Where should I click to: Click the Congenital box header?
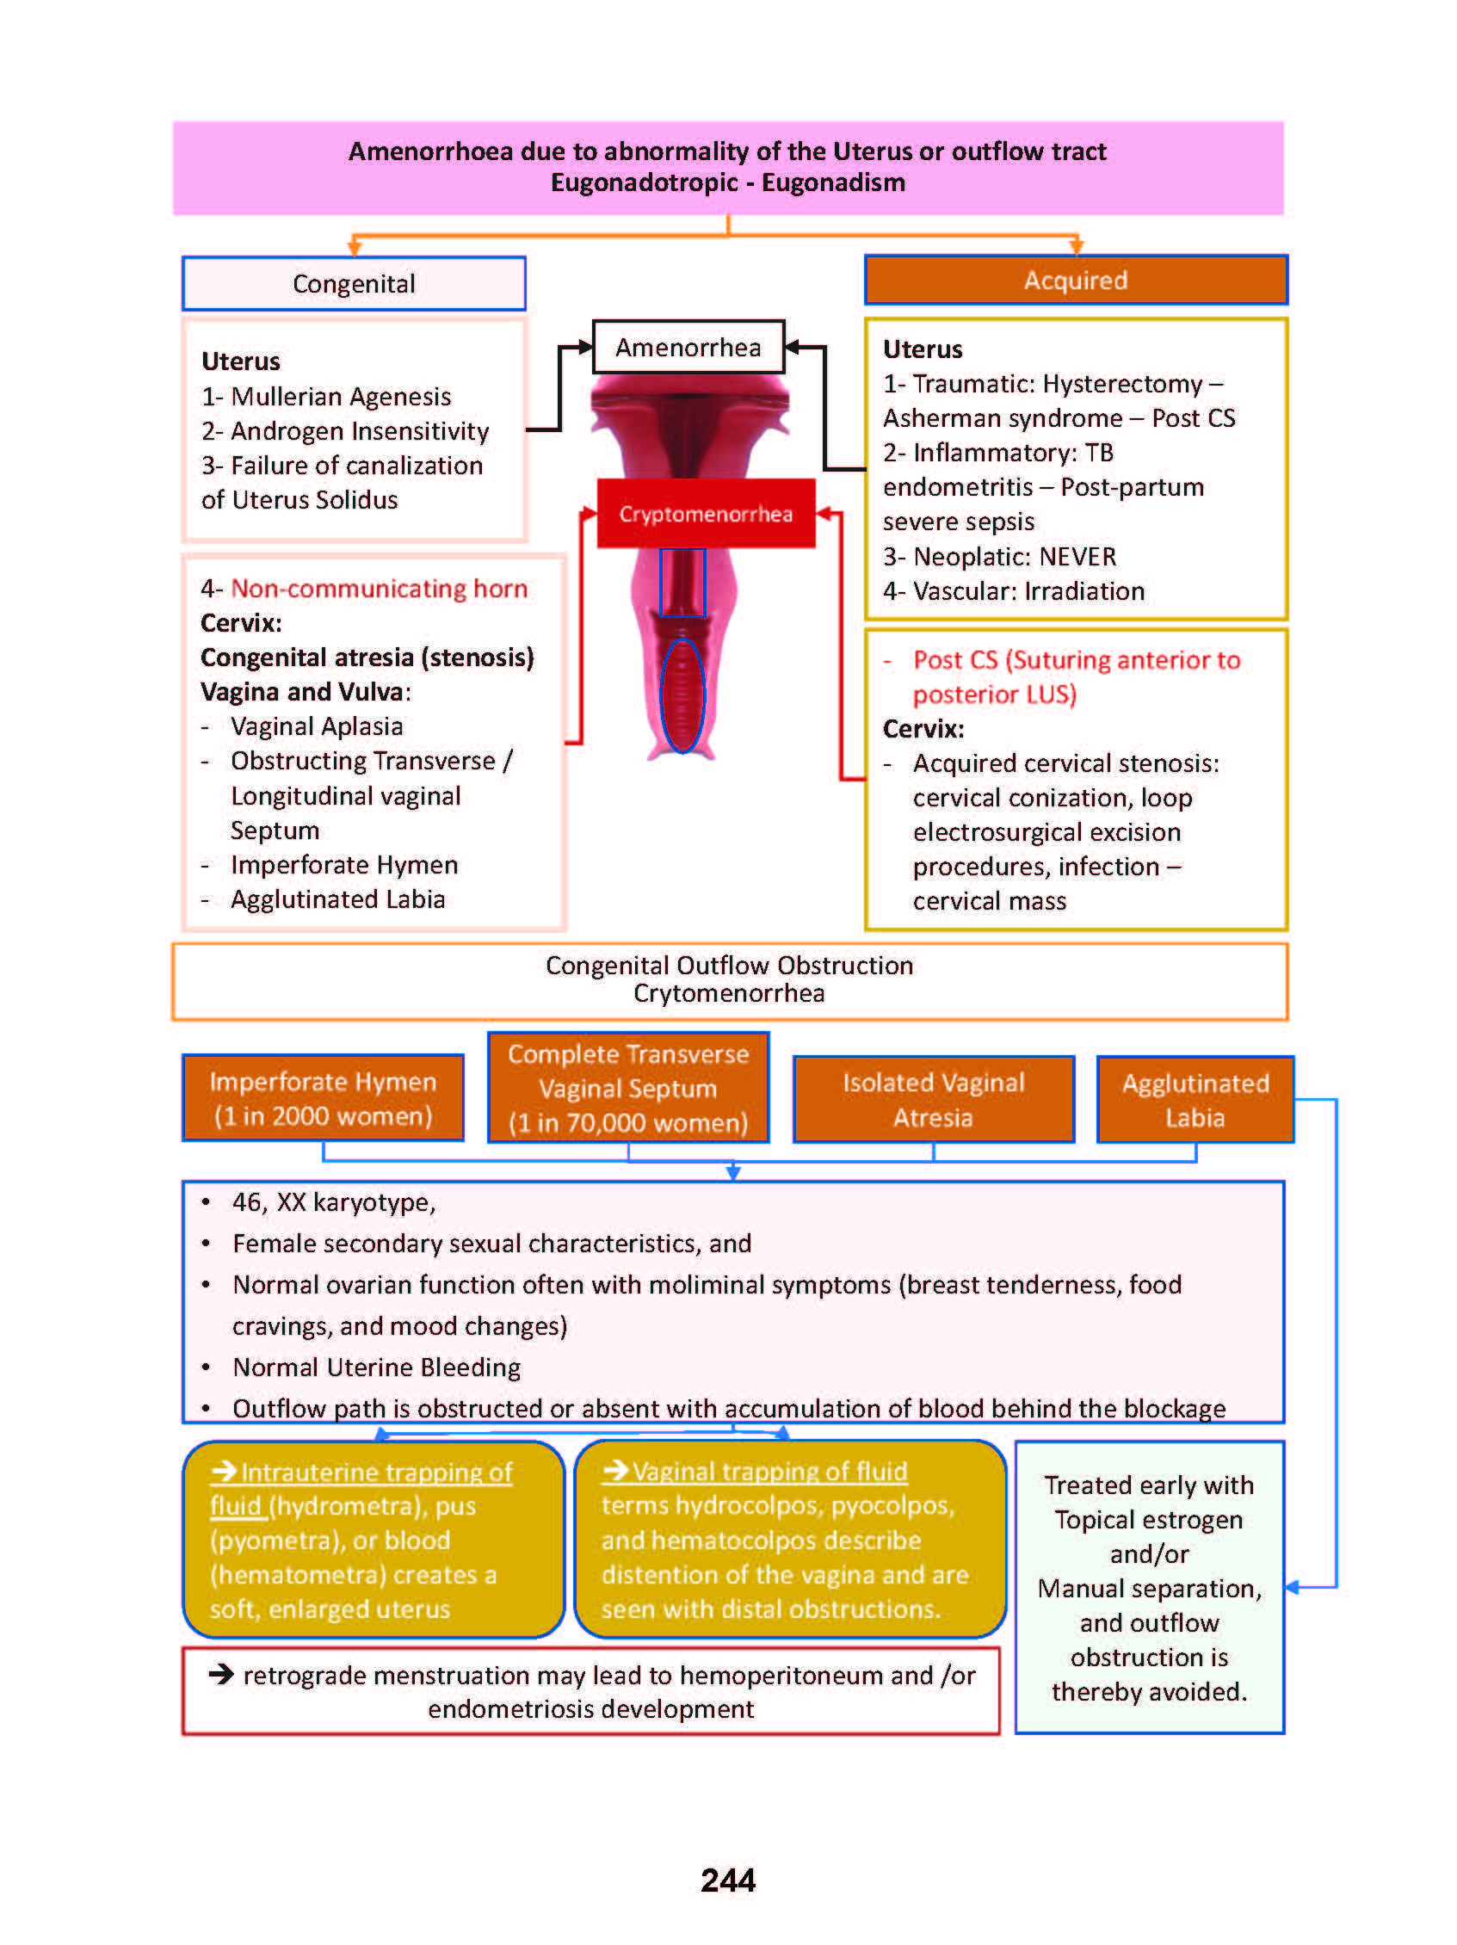point(354,284)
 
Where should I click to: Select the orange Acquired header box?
point(1075,281)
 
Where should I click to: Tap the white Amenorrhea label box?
point(688,348)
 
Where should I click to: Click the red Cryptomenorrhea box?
point(705,514)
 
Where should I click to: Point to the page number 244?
point(727,1879)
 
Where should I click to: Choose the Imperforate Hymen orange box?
point(323,1098)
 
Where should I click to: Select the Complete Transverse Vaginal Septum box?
point(628,1088)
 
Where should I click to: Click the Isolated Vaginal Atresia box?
point(933,1099)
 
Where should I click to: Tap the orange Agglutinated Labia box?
point(1195,1099)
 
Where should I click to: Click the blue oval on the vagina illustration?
point(682,695)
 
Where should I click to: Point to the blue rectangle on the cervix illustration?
point(682,583)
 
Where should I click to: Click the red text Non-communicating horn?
point(379,589)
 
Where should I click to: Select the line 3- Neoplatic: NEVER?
point(999,557)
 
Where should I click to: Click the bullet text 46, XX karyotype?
point(333,1202)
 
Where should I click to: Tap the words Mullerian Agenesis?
point(340,397)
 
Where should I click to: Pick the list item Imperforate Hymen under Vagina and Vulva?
point(343,865)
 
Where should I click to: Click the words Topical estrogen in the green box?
point(1147,1519)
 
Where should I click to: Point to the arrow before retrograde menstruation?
point(221,1674)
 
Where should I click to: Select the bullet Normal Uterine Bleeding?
point(376,1368)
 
